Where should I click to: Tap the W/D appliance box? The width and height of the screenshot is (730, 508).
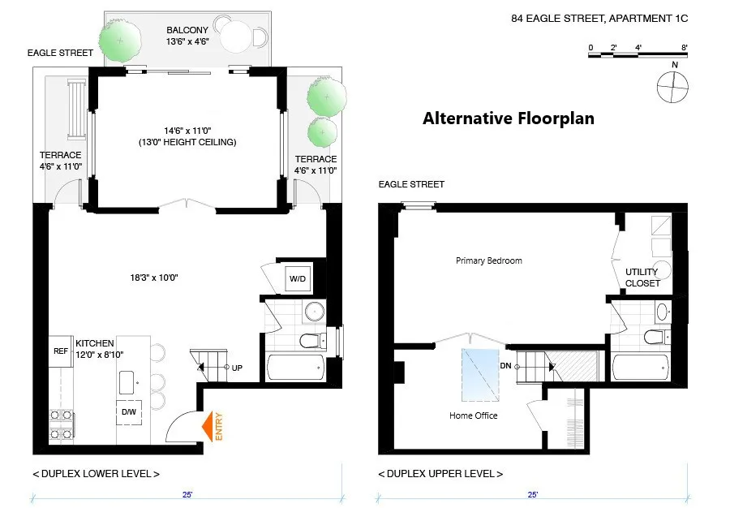(297, 280)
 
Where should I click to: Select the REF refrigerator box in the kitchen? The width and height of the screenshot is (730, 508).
(61, 352)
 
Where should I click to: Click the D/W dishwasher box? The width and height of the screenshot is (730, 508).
(130, 412)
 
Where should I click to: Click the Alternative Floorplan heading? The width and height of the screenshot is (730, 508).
(508, 118)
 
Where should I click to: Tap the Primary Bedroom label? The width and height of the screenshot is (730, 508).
(488, 260)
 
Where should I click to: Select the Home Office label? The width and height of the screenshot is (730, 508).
(473, 415)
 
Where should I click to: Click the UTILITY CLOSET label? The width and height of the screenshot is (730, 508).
(642, 278)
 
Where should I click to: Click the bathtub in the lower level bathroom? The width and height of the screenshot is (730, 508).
(297, 367)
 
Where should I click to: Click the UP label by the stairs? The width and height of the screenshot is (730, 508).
(237, 367)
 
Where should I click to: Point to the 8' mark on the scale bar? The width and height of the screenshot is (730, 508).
(685, 48)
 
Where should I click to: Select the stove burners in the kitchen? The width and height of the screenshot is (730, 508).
(60, 421)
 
